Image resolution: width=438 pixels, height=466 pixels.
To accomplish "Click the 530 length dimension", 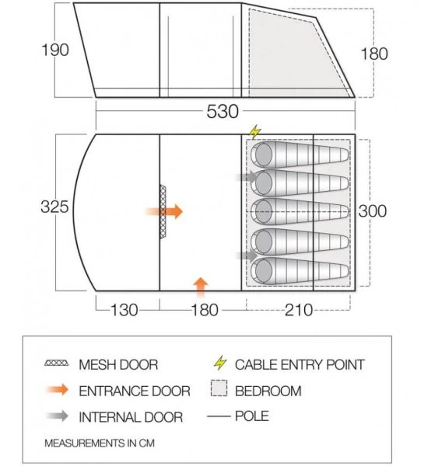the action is pyautogui.click(x=223, y=112).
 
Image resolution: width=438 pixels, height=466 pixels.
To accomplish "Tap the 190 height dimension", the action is pyautogui.click(x=55, y=50).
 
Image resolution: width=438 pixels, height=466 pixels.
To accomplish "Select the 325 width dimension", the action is pyautogui.click(x=54, y=207).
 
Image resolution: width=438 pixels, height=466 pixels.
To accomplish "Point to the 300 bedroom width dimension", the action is pyautogui.click(x=373, y=211).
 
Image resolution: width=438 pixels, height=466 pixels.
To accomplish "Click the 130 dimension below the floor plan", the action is pyautogui.click(x=124, y=310).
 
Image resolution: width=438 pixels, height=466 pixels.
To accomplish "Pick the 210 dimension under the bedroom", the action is pyautogui.click(x=299, y=310).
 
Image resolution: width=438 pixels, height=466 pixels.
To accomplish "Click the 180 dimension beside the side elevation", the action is pyautogui.click(x=374, y=54).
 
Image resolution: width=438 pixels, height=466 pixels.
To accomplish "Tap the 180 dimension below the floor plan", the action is pyautogui.click(x=205, y=310).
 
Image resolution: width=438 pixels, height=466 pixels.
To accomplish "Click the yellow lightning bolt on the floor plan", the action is pyautogui.click(x=255, y=132).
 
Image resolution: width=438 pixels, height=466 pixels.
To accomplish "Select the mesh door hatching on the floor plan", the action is pyautogui.click(x=163, y=211).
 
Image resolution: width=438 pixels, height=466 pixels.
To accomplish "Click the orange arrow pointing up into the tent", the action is pyautogui.click(x=201, y=287).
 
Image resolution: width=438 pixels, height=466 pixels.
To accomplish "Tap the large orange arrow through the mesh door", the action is pyautogui.click(x=164, y=211).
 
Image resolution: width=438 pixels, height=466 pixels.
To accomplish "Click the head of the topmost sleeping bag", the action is pyautogui.click(x=264, y=155).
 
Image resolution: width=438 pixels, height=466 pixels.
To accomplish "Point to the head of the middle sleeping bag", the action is pyautogui.click(x=264, y=211).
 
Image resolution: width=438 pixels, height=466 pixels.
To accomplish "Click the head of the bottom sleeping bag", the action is pyautogui.click(x=264, y=271).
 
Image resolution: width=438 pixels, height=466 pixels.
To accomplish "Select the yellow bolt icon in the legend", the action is pyautogui.click(x=220, y=363).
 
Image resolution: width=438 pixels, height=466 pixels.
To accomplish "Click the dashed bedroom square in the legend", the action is pyautogui.click(x=219, y=388).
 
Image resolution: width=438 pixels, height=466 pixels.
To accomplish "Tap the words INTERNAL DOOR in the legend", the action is pyautogui.click(x=131, y=417).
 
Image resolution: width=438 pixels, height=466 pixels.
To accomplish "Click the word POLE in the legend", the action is pyautogui.click(x=252, y=416).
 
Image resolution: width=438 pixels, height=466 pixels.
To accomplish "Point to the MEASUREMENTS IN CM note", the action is pyautogui.click(x=100, y=443).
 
